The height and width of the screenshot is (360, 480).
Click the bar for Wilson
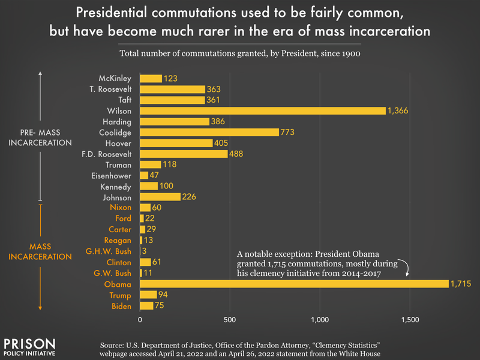[x=263, y=110]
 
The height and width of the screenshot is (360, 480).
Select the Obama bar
[x=294, y=284]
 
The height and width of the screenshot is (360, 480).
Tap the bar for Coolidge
[x=209, y=132]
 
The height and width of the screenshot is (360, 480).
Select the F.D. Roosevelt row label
[x=106, y=154]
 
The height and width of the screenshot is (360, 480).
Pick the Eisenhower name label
[x=110, y=175]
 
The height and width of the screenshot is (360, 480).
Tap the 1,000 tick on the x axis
[x=320, y=320]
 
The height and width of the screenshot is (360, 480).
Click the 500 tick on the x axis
[x=230, y=320]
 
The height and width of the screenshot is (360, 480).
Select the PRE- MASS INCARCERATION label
[x=40, y=137]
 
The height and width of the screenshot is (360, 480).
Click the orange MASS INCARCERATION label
[x=40, y=251]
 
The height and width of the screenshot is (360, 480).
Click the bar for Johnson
[x=160, y=197]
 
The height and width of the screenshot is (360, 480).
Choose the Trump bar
[x=148, y=295]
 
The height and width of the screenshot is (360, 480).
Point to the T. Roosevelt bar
[x=172, y=89]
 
